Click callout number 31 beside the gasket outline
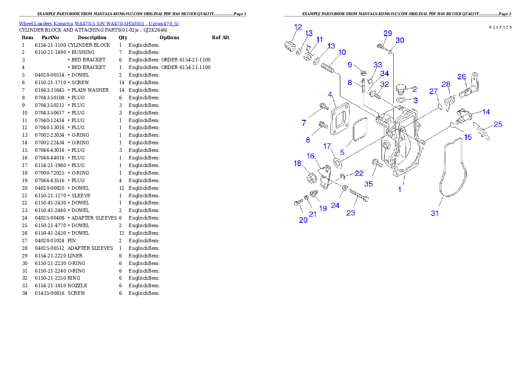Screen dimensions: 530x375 [435, 213]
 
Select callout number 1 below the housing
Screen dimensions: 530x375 [400, 189]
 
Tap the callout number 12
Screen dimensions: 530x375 [298, 27]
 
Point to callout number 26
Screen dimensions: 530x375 [461, 76]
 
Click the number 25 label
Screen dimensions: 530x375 [498, 124]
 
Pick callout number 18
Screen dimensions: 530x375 [298, 163]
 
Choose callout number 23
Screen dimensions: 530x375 [351, 213]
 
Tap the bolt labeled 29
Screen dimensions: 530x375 [381, 45]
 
